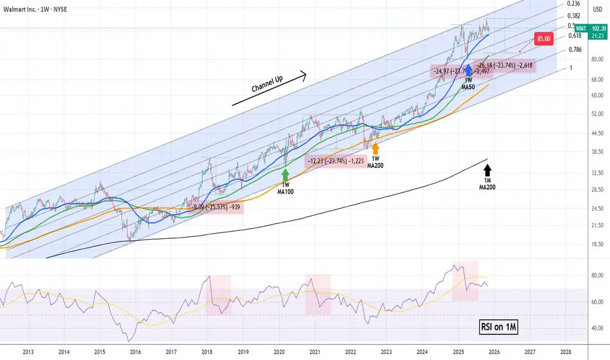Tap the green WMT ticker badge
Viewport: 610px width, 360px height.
click(581, 28)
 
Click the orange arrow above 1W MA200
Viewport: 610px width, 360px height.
click(375, 148)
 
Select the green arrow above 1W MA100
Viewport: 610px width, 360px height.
click(285, 175)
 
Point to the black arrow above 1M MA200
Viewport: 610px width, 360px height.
click(488, 174)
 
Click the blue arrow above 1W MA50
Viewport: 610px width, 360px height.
click(469, 71)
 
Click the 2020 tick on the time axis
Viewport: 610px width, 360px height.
click(279, 351)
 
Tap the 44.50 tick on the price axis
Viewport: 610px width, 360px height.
click(597, 134)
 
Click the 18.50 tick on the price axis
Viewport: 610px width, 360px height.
click(597, 244)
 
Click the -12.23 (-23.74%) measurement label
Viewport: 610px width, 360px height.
click(336, 160)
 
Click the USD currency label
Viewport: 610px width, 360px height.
click(597, 9)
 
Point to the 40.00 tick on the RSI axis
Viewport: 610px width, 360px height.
click(597, 328)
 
